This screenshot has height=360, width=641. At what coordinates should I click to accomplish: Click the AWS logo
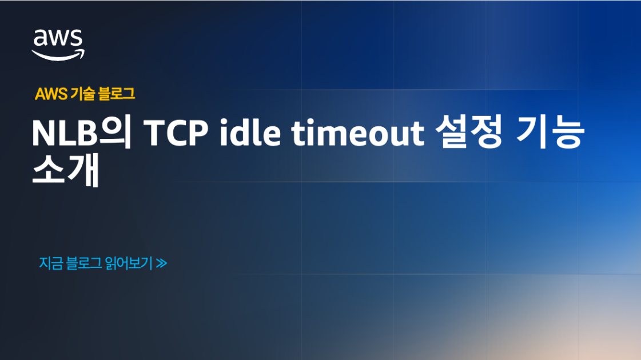[58, 42]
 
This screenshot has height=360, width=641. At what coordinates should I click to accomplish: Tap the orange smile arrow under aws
[58, 55]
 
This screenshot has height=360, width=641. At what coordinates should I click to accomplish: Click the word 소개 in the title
[66, 171]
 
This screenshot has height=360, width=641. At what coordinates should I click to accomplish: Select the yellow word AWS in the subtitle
[51, 94]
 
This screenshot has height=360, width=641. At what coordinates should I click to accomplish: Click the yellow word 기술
[83, 94]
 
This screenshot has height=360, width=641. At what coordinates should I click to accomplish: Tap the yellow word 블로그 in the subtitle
[117, 94]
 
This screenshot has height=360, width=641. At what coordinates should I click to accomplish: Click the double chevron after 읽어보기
[161, 263]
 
